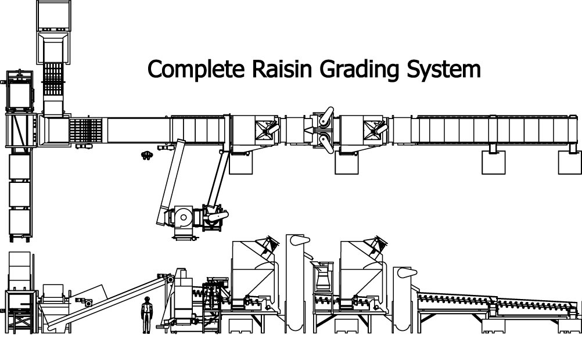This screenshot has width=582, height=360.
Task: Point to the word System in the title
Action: coord(441,70)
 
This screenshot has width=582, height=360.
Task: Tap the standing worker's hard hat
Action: coord(147,298)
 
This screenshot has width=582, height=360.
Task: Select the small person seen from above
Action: coord(147,154)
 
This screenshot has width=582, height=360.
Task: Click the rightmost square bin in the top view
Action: coord(569,163)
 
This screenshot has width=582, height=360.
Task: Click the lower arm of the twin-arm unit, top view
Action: coord(325,141)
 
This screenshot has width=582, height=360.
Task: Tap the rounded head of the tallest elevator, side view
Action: coord(297,241)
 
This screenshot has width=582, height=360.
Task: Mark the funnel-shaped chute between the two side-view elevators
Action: coord(321,275)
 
